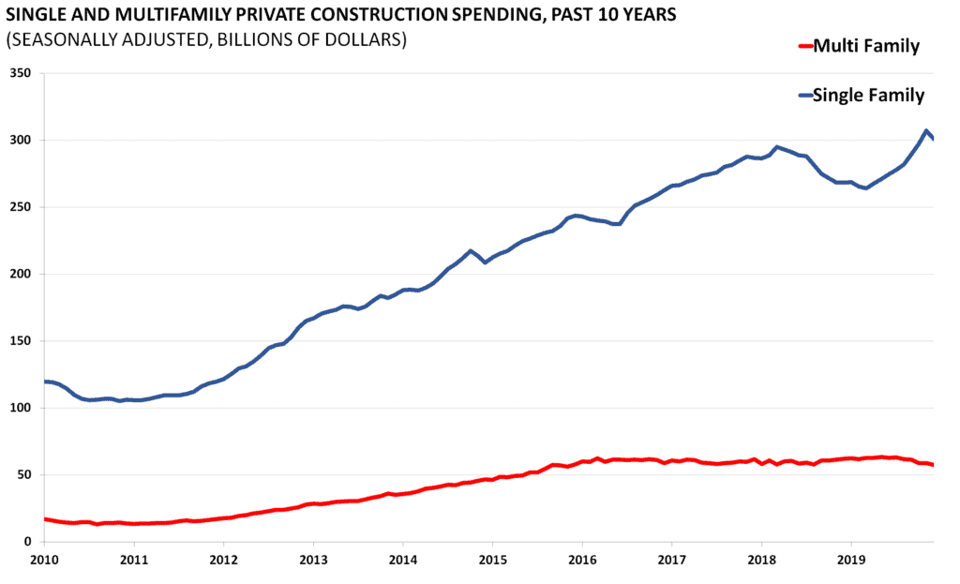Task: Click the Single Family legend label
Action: [868, 95]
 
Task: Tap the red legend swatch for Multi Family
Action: [802, 46]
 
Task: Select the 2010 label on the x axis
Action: [44, 561]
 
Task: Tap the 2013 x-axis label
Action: [313, 561]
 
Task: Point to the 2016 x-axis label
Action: [582, 561]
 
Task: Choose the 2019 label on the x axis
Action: [851, 561]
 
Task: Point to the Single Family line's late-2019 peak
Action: [926, 131]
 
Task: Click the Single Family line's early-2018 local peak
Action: [776, 147]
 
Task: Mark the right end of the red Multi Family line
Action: [933, 465]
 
